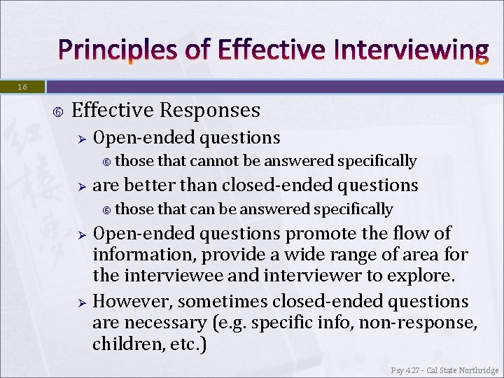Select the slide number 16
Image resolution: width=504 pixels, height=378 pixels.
coord(22,87)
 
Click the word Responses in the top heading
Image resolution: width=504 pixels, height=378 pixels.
coord(210,111)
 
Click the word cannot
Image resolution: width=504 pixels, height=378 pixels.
coord(214,161)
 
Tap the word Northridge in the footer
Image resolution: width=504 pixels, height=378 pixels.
coord(475,370)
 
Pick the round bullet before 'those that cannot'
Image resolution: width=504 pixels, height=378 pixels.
coord(106,162)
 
